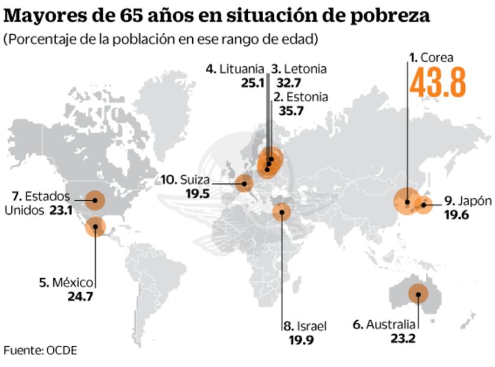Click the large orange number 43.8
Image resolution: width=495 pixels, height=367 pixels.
click(438, 82)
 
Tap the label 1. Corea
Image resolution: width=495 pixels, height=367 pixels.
click(432, 57)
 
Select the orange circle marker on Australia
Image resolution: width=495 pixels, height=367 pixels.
click(418, 293)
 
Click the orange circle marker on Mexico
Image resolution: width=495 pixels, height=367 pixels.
click(95, 226)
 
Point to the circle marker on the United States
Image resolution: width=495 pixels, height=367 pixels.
click(95, 201)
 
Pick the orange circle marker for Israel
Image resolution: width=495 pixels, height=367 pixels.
click(282, 211)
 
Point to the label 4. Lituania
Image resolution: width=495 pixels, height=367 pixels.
click(235, 69)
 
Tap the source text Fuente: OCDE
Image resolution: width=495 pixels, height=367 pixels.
click(40, 350)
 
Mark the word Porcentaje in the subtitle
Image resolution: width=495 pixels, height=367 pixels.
click(36, 40)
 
